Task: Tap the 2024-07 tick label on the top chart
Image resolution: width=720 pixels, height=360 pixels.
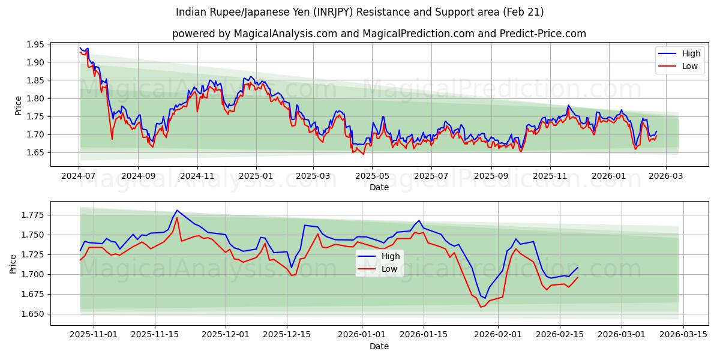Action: [x=79, y=176]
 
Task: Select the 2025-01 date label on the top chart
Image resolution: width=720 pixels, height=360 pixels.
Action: [x=256, y=176]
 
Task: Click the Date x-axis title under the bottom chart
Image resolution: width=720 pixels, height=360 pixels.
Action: [x=379, y=346]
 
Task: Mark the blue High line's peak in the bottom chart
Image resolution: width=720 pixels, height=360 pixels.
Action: [x=177, y=210]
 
